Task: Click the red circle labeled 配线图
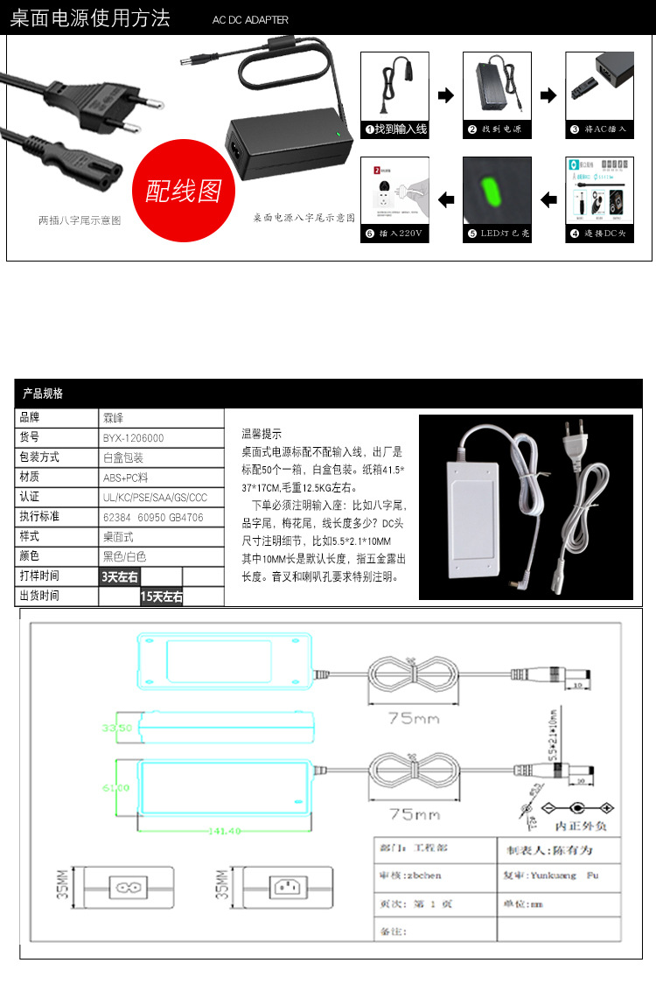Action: [x=183, y=190]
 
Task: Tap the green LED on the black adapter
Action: [x=338, y=134]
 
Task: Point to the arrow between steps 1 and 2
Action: [x=446, y=95]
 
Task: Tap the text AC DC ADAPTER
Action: [x=250, y=20]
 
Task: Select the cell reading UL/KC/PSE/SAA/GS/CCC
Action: [x=155, y=497]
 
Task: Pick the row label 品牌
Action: [x=30, y=418]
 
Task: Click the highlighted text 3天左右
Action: [x=119, y=576]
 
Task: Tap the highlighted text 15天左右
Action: [x=161, y=597]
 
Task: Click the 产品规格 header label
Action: [x=43, y=394]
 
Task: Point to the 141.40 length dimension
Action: [x=224, y=831]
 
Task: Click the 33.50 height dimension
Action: [x=116, y=728]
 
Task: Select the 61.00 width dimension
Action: [x=116, y=788]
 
